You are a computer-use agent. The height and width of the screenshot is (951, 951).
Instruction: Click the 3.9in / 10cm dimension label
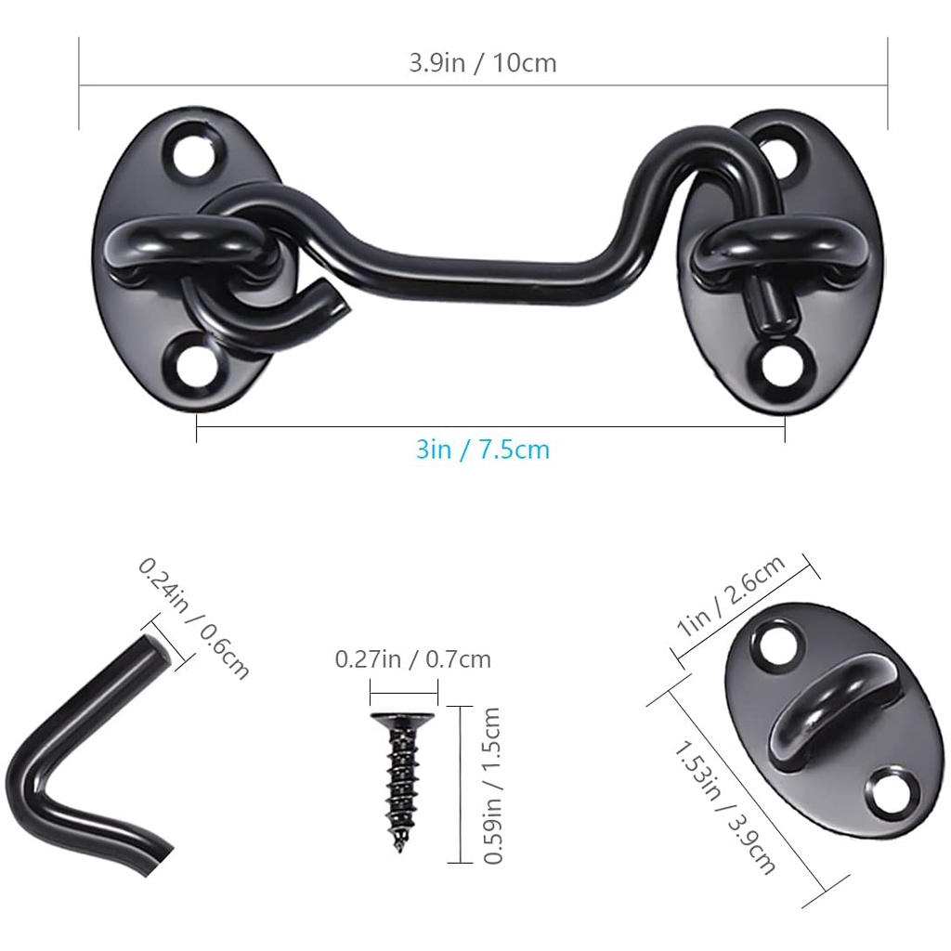[483, 63]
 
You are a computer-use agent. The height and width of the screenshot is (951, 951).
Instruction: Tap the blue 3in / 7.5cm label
[483, 450]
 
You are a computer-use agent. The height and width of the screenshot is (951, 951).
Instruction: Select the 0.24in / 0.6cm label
[193, 618]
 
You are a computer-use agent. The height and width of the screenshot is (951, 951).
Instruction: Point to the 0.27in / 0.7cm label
[413, 659]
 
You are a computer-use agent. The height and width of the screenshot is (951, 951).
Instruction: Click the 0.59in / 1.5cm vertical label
[492, 786]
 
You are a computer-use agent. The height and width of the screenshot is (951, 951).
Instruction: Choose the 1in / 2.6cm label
[732, 595]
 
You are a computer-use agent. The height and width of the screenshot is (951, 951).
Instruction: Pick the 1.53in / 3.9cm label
[724, 807]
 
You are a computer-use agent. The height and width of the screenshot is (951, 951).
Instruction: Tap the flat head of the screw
[403, 720]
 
